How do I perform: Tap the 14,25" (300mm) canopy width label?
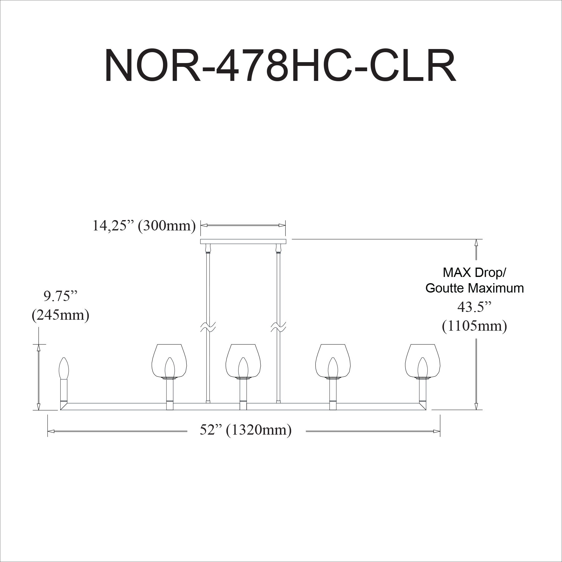click(x=144, y=225)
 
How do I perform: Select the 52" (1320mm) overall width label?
click(x=246, y=430)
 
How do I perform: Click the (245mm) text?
click(x=61, y=315)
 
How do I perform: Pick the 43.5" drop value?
click(x=475, y=308)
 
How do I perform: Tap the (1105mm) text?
click(x=475, y=326)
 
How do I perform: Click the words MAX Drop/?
click(x=475, y=273)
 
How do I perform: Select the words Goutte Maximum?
click(x=475, y=288)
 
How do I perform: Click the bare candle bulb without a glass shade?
click(x=64, y=368)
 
